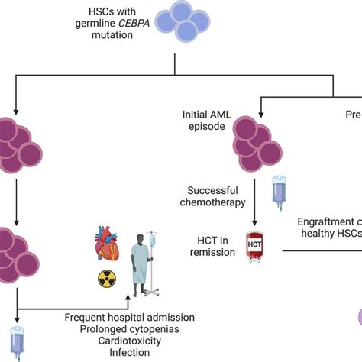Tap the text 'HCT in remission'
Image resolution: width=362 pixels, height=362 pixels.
(210, 246)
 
